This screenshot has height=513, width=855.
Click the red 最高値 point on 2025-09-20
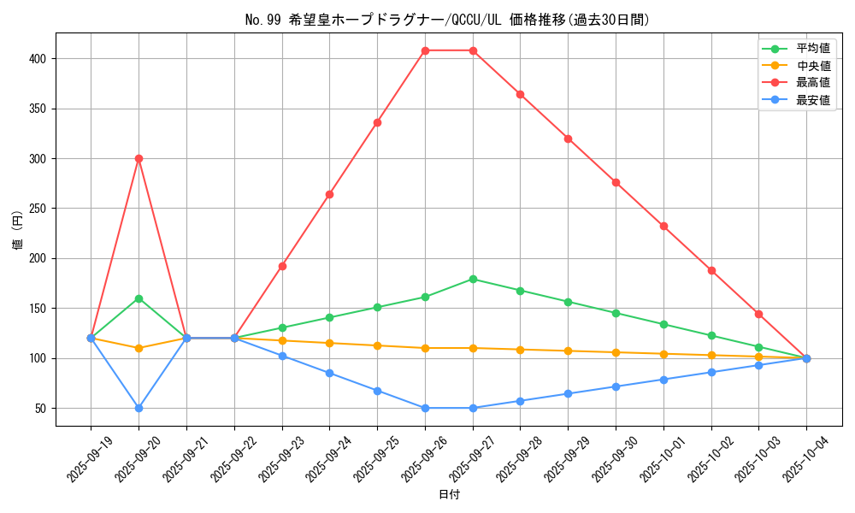pos(139,158)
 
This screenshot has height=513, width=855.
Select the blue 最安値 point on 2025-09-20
pos(139,408)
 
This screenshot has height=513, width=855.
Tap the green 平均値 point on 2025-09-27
pos(473,279)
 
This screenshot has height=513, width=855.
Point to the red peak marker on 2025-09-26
pos(425,50)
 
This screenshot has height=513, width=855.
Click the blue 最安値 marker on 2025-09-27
pos(473,408)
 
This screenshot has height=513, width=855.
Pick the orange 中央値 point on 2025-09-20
pos(139,348)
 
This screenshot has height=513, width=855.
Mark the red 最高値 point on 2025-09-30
pos(616,182)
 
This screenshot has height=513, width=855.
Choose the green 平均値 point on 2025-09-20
pos(139,298)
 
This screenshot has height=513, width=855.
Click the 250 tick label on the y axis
pos(40,209)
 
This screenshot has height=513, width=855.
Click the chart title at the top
pos(447,20)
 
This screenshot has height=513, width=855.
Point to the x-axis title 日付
pos(449,495)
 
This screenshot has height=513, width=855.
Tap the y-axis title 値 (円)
pos(17,230)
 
